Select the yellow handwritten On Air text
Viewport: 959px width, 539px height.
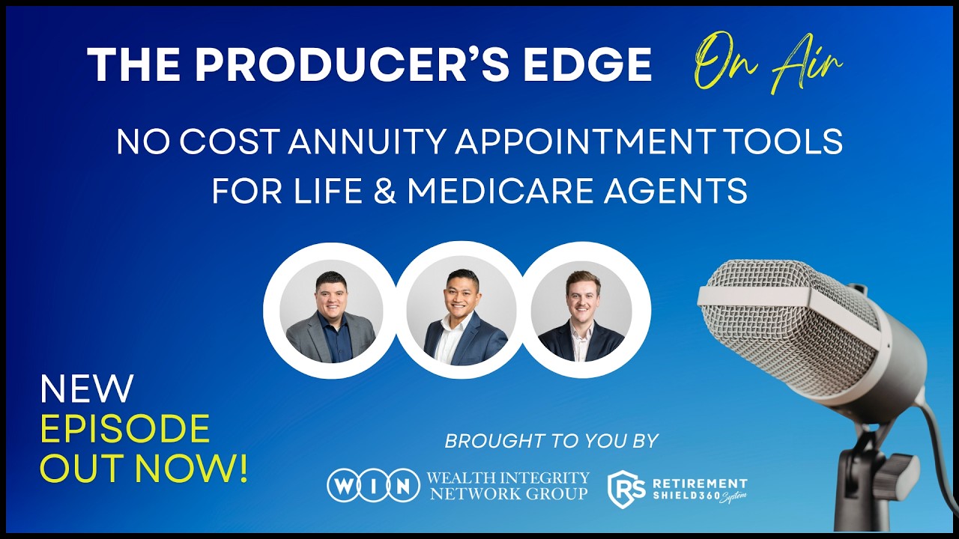click(x=768, y=62)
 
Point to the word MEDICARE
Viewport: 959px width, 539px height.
click(x=506, y=191)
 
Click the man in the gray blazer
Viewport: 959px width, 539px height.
click(x=330, y=318)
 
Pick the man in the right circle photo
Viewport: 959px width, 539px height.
click(x=581, y=318)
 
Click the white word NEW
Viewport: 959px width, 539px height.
click(x=86, y=389)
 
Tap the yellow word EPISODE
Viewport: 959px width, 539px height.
click(x=124, y=429)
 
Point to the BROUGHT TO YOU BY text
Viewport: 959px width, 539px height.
click(x=551, y=441)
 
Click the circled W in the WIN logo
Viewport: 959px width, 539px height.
click(x=342, y=486)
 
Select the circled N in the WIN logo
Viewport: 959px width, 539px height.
click(x=404, y=486)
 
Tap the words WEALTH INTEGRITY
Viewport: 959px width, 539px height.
click(x=507, y=477)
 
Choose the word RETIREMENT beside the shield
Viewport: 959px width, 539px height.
click(x=698, y=484)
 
